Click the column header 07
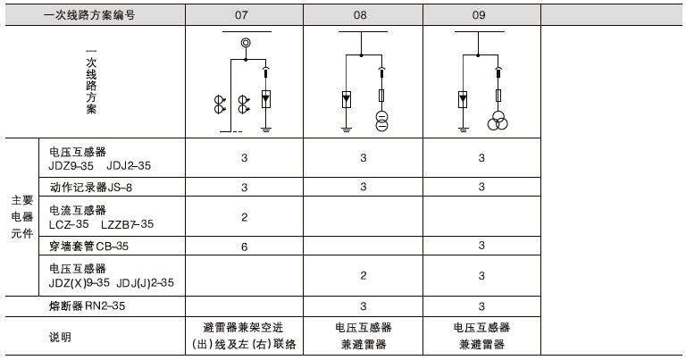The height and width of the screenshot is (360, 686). coord(243,15)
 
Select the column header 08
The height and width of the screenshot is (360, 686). coord(363,15)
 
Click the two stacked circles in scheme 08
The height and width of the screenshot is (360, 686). coord(381,121)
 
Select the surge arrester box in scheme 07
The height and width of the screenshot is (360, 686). coord(265,99)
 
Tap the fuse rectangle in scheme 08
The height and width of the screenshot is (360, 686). coord(381,95)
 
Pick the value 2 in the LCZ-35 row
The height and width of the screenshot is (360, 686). coord(244,217)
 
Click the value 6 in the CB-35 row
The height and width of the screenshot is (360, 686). coord(244,246)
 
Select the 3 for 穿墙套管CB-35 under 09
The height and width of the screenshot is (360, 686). coord(481,246)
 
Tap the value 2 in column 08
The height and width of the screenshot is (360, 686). coord(363,275)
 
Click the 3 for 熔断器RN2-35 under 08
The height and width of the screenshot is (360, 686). coord(363,306)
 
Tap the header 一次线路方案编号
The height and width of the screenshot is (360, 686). coord(89,15)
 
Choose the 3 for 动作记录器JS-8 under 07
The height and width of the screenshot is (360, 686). coord(244,188)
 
